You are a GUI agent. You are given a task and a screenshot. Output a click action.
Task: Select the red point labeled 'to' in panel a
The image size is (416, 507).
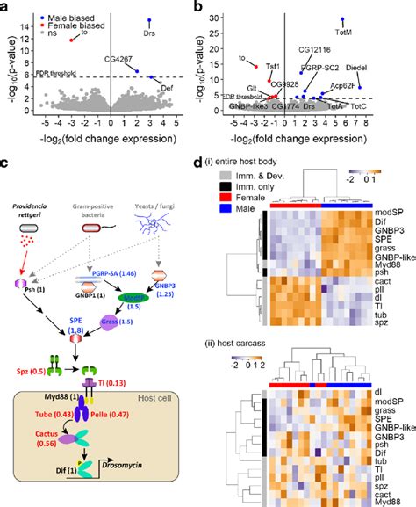pyautogui.click(x=73, y=40)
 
